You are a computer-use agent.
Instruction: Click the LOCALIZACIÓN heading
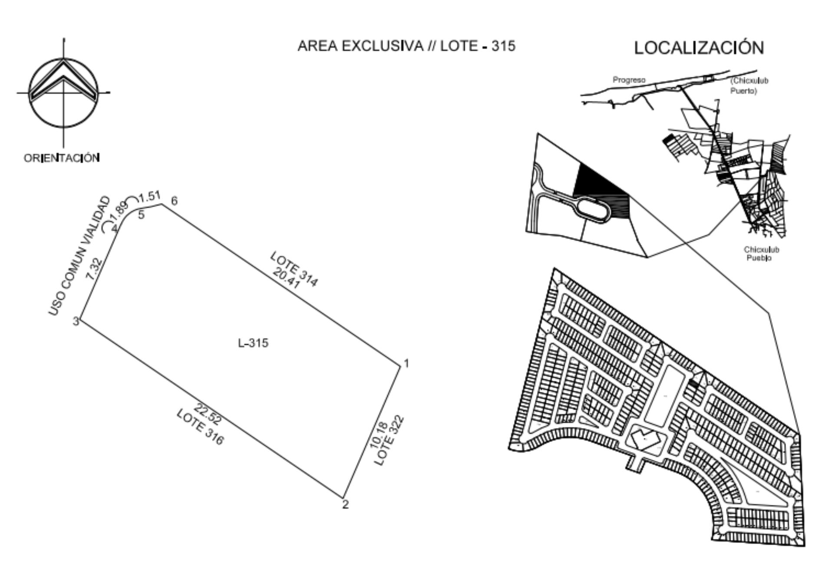point(699,47)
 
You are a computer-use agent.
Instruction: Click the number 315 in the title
point(503,46)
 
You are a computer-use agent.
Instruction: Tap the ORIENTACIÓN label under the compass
point(62,158)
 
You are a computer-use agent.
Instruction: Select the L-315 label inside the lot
point(253,343)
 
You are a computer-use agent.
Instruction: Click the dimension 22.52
point(208,414)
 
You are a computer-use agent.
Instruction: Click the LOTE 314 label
point(294,269)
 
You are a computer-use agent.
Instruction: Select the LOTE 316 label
point(200,427)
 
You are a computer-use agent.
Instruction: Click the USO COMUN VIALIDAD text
point(79,256)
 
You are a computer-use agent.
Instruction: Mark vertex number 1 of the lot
point(406,363)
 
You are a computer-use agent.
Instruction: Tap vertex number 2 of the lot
point(345,504)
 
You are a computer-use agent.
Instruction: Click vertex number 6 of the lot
point(174,201)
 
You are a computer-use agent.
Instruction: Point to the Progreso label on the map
point(629,80)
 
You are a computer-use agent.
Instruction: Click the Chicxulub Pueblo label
point(761,254)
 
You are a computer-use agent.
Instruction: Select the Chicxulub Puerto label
point(749,86)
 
